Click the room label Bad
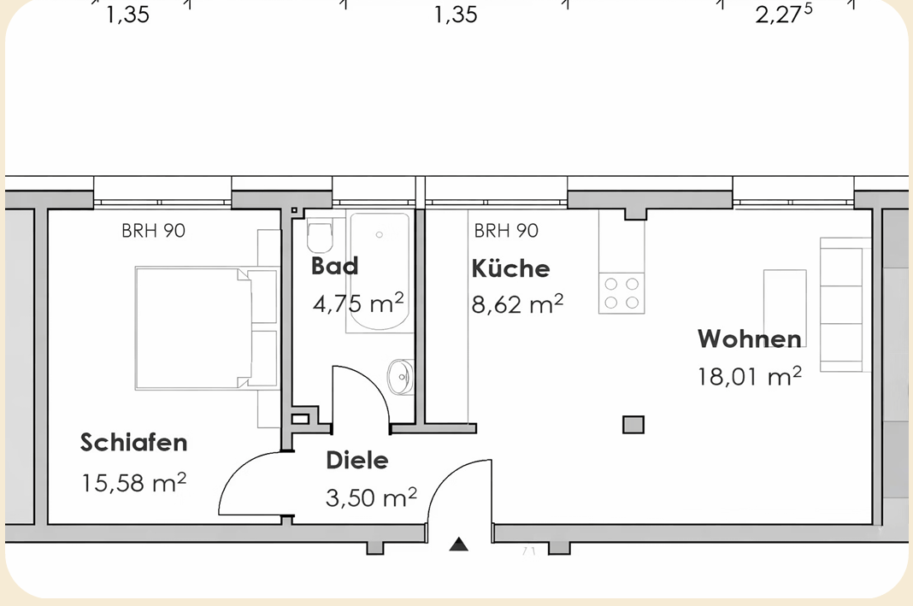point(334,266)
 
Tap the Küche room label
point(510,268)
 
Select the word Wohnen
point(750,338)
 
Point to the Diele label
point(357,460)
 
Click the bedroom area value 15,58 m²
point(134,483)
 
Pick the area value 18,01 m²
point(750,377)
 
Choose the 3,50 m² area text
point(372,497)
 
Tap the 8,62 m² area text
point(517,304)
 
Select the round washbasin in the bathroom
point(401,377)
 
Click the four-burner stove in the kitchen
point(621,293)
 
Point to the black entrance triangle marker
point(459,544)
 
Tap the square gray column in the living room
point(633,425)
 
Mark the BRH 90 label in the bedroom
point(153,231)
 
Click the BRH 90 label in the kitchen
point(506,231)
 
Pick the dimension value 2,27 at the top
point(783,14)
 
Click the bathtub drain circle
point(379,235)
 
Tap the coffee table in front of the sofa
point(785,308)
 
